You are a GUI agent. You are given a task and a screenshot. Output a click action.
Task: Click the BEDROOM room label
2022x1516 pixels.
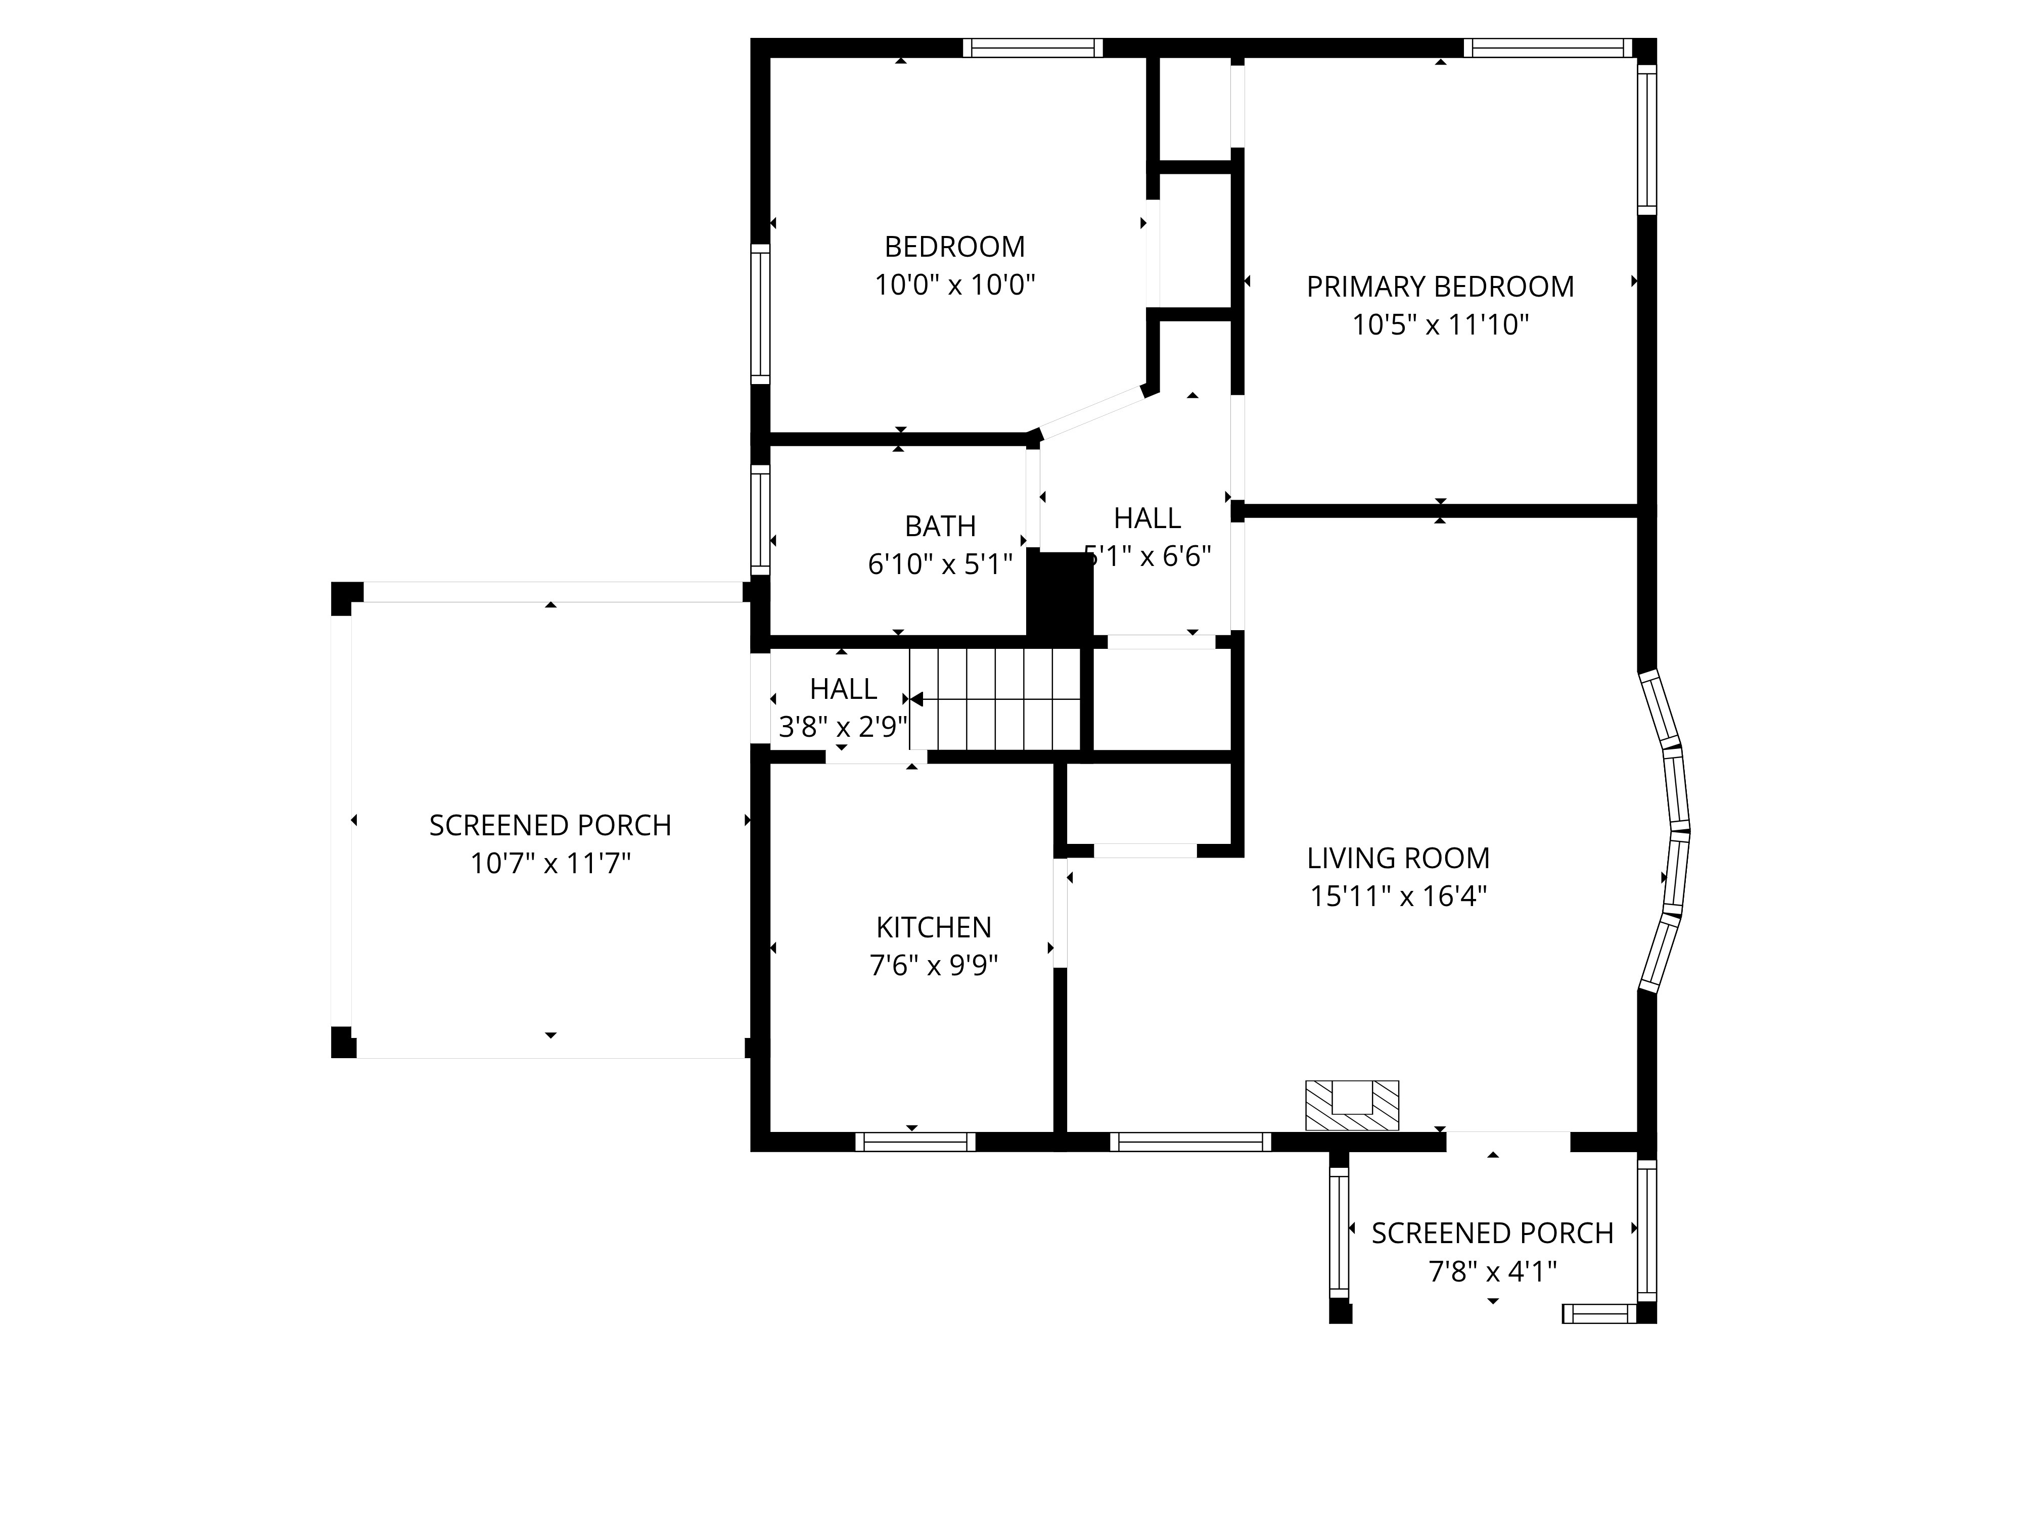tap(954, 247)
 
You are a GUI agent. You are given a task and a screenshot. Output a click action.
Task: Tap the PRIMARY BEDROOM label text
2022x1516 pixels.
tap(1440, 287)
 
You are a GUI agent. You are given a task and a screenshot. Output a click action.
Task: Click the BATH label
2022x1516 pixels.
tap(940, 527)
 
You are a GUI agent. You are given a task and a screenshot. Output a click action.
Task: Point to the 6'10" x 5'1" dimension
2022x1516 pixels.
tap(940, 565)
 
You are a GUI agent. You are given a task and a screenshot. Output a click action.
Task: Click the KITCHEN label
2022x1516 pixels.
tap(933, 927)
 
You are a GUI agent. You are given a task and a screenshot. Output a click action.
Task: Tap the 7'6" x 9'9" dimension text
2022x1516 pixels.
tap(933, 965)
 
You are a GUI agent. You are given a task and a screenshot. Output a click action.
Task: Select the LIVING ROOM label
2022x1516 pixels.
tap(1398, 858)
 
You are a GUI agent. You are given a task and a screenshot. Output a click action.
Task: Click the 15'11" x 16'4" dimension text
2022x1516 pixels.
tap(1398, 896)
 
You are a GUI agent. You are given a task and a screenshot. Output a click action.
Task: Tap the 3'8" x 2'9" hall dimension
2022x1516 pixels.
tap(843, 727)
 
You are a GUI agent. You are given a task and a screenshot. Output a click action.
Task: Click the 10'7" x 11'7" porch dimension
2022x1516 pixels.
tap(550, 864)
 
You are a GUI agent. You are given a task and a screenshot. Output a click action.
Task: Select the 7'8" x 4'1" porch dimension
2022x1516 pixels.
tap(1492, 1271)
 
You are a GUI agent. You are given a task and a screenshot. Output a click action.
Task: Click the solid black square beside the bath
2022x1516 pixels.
tap(1061, 593)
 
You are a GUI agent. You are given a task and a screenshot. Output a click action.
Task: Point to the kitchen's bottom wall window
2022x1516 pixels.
tap(915, 1142)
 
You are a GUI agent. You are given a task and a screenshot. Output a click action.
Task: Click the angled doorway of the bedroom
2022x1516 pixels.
tap(1090, 413)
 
